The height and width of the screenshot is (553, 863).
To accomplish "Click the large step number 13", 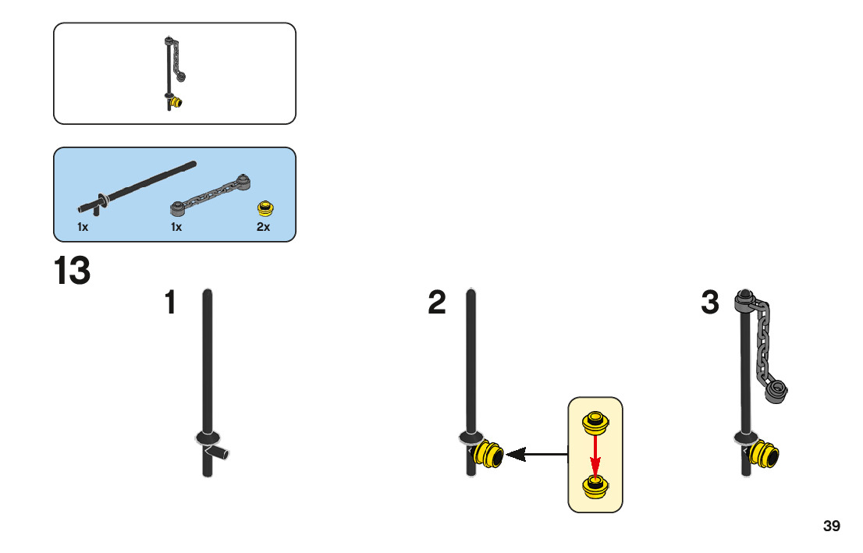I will (72, 271).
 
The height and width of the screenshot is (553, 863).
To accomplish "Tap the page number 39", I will (831, 526).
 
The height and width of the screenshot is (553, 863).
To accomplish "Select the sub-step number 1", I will (170, 303).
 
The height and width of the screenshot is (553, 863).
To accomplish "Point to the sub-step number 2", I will (437, 303).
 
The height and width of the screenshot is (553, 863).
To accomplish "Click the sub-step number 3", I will (709, 303).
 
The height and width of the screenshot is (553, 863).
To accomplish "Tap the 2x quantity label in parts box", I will (263, 227).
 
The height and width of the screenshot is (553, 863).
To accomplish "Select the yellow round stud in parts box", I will (267, 207).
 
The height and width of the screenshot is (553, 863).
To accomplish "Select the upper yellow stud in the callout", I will (595, 423).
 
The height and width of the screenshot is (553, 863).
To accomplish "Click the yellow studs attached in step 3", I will (764, 453).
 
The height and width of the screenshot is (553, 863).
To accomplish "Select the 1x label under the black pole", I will (83, 227).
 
